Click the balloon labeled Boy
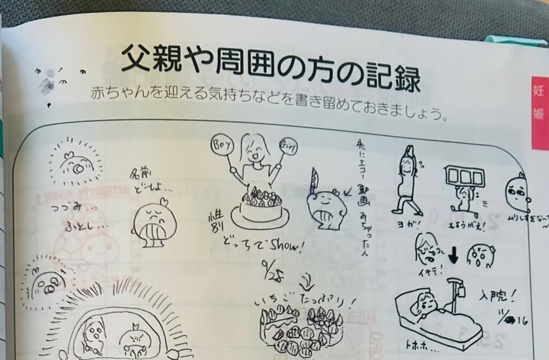(x=220, y=145)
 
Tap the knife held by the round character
(x=314, y=179)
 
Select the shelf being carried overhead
(x=464, y=177)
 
